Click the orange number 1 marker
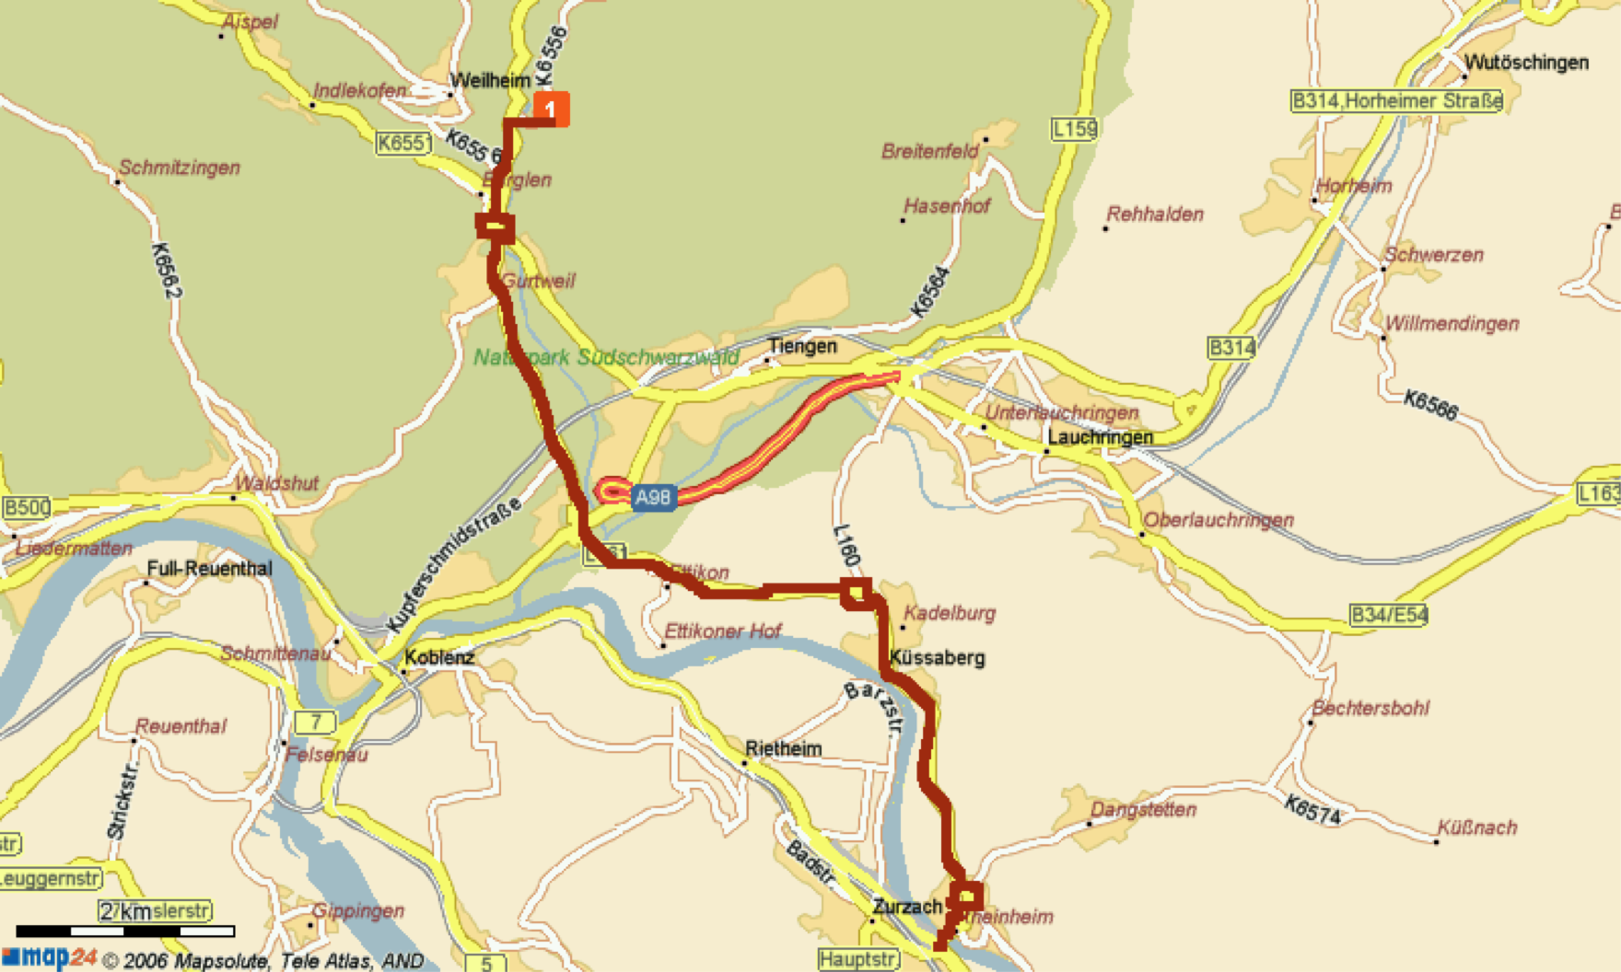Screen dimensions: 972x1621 551,110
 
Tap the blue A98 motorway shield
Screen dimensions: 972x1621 653,498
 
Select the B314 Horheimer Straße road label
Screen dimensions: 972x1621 1396,100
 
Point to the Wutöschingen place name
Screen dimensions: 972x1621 1526,63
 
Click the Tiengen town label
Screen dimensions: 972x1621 802,346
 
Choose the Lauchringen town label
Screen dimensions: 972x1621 1100,436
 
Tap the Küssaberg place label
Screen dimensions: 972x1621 937,657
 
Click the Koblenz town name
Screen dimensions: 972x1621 439,657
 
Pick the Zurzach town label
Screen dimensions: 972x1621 907,907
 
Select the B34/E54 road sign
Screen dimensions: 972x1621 1388,615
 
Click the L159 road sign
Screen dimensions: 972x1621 1074,129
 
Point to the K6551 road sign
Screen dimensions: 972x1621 403,143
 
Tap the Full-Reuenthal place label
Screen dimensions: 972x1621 209,568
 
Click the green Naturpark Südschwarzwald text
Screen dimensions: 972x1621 606,357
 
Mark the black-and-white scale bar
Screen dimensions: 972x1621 125,931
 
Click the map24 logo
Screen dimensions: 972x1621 51,957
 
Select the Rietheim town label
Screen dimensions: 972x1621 783,748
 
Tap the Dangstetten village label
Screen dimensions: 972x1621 1143,810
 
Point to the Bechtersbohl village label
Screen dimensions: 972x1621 1370,708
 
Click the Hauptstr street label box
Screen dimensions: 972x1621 857,959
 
